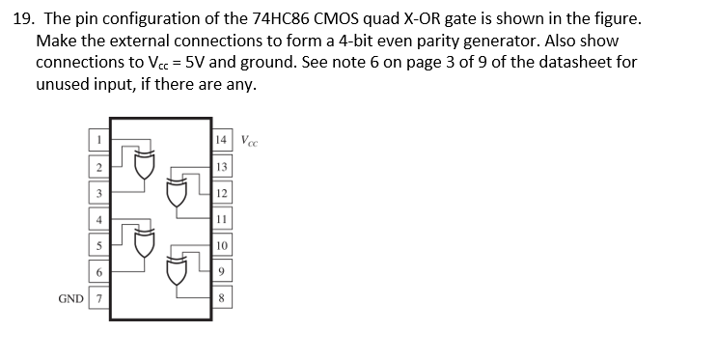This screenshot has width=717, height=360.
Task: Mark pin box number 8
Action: [222, 298]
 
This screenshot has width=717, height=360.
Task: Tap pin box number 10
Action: [222, 245]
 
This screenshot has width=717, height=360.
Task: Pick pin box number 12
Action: [222, 192]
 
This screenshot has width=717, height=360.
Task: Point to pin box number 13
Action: [222, 166]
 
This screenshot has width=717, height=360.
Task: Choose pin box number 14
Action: [222, 139]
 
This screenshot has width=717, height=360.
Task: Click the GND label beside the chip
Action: [70, 299]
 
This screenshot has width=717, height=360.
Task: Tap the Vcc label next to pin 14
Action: [249, 140]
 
